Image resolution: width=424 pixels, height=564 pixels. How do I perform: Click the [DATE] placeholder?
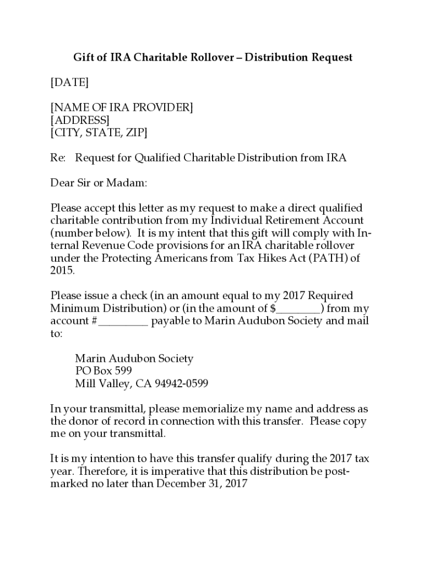[69, 83]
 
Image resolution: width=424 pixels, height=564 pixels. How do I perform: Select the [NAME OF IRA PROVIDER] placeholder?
[122, 107]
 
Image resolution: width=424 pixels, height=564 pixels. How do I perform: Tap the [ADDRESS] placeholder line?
[80, 120]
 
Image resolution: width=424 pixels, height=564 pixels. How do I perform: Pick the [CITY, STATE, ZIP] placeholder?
[99, 133]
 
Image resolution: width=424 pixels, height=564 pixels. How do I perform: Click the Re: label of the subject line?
[58, 158]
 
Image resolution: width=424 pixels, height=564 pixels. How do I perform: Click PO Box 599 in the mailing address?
[104, 371]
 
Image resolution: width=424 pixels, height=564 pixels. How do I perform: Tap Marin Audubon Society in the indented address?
[134, 359]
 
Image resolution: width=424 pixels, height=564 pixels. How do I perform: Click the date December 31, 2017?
[202, 484]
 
